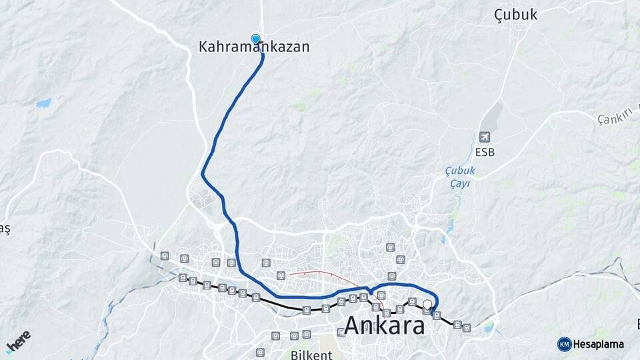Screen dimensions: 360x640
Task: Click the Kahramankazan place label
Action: click(254, 48)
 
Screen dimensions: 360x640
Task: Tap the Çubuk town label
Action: click(515, 15)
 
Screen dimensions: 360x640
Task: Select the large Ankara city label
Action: click(385, 326)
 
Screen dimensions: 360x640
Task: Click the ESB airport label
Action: click(485, 152)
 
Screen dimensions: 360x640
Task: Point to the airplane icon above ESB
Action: click(485, 137)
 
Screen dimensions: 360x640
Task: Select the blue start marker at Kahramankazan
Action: click(255, 39)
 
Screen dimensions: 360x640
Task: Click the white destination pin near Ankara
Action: click(427, 305)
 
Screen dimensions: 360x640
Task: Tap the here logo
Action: click(18, 341)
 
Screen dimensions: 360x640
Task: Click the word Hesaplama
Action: click(598, 344)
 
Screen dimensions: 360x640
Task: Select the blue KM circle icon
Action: click(564, 344)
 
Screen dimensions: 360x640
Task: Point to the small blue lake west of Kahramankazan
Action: click(43, 103)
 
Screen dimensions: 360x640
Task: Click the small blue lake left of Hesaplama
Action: click(491, 328)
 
